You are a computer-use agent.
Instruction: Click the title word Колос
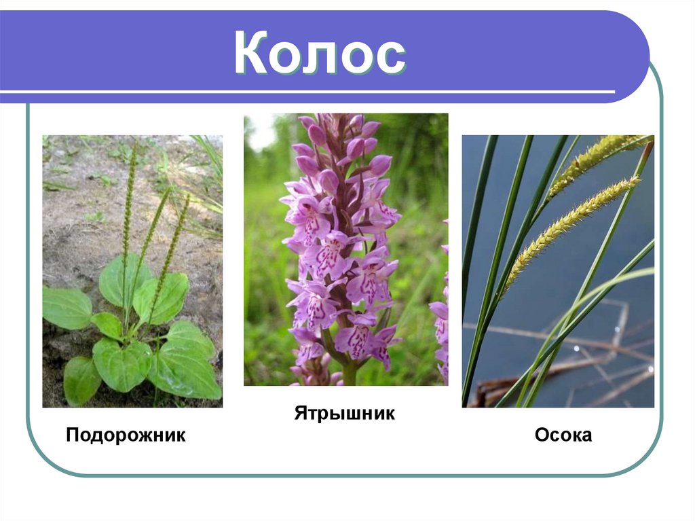pos(320,55)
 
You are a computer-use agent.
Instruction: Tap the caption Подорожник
pos(126,435)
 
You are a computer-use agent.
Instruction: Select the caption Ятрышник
pos(344,413)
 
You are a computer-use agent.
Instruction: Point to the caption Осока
pos(563,435)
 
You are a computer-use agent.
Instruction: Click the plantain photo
pos(132,271)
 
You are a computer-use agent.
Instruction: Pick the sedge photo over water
pos(558,271)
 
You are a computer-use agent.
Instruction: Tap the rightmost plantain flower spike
pos(175,238)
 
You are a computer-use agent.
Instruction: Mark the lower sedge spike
pos(570,224)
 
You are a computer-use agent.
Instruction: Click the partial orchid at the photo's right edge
pos(441,326)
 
